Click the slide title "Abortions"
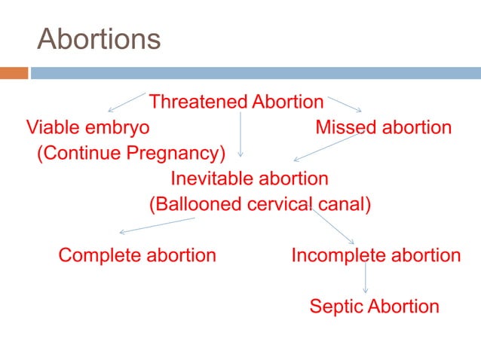pyautogui.click(x=99, y=38)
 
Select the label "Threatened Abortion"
pyautogui.click(x=236, y=101)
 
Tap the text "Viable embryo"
pyautogui.click(x=87, y=127)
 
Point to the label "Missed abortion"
pyautogui.click(x=383, y=127)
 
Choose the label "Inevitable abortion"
pyautogui.click(x=250, y=179)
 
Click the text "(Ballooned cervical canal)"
pyautogui.click(x=260, y=205)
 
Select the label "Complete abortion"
pyautogui.click(x=137, y=255)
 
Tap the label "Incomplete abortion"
pyautogui.click(x=375, y=255)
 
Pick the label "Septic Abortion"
pyautogui.click(x=374, y=307)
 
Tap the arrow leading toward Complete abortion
pyautogui.click(x=157, y=225)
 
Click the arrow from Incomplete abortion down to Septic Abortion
pyautogui.click(x=366, y=277)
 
